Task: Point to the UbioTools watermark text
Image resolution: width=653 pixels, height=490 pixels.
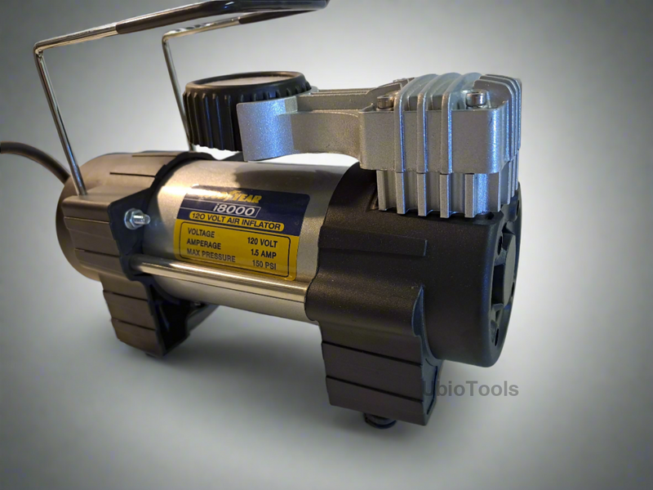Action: (471, 389)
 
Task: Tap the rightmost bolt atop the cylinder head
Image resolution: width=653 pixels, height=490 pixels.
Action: (476, 99)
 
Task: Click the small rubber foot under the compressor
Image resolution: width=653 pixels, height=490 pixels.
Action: (379, 421)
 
